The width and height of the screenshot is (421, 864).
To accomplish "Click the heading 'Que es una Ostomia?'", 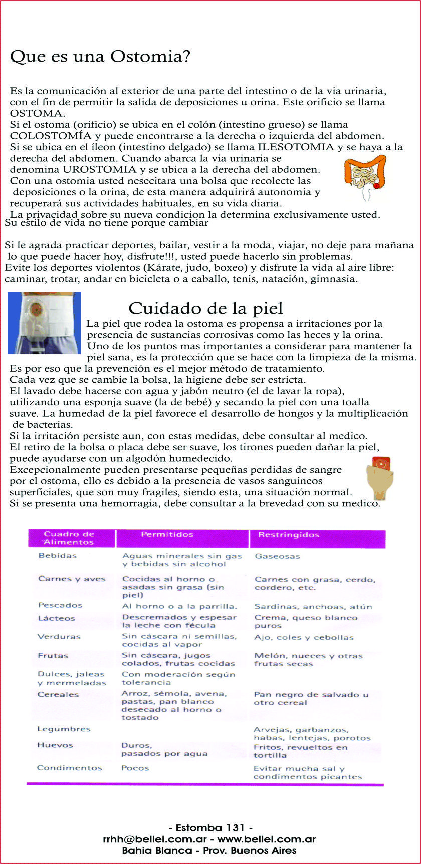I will tap(100, 56).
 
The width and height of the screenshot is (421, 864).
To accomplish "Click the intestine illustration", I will tap(366, 175).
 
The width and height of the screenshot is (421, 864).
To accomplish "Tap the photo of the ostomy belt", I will tap(44, 323).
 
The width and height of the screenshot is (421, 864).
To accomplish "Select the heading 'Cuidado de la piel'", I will tap(205, 308).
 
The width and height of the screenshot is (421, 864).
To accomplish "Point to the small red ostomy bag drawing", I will tap(379, 478).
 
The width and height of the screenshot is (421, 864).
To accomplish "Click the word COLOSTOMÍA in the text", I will tap(51, 136).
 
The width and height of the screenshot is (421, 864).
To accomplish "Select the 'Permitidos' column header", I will tap(167, 535).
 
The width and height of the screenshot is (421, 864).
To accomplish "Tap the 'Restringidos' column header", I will tap(288, 535).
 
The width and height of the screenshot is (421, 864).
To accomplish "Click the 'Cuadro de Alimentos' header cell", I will tap(69, 538).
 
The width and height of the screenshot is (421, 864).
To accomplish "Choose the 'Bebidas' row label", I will tap(57, 556).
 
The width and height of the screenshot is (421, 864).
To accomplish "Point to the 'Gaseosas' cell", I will tap(277, 556).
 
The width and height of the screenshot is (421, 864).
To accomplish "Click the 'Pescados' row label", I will tap(60, 605).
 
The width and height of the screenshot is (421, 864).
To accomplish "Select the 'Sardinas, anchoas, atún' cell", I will tap(313, 607).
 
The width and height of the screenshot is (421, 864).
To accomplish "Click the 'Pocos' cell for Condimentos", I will tap(135, 768).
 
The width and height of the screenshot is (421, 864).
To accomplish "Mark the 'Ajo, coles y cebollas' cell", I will tap(304, 638).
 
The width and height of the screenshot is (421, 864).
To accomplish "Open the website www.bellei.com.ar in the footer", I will tap(266, 839).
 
